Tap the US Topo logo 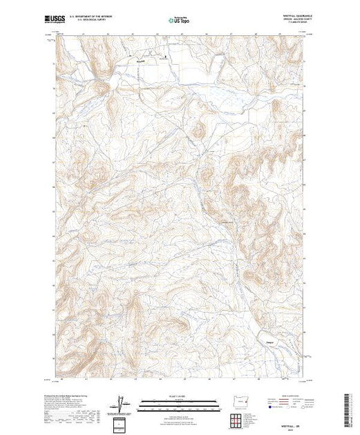point(180,20)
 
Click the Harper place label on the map point(269,338)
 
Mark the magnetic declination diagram point(123,403)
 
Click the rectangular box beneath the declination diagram point(123,422)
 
